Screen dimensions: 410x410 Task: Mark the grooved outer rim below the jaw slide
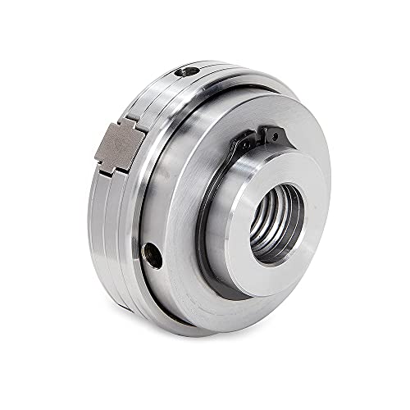[x=115, y=238]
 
